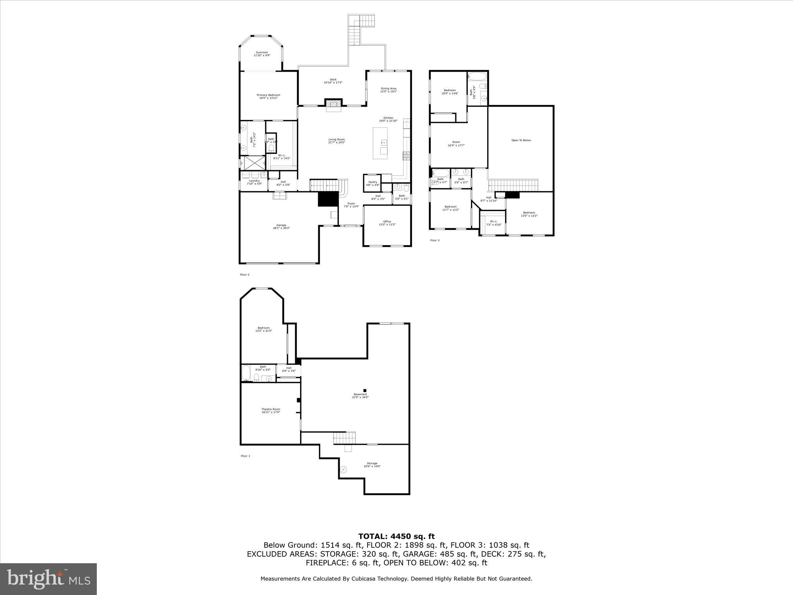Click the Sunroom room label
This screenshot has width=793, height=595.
tap(262, 54)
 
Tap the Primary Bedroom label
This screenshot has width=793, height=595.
tap(268, 96)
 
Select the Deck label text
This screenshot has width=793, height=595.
tap(333, 81)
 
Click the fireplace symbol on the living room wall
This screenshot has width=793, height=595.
tap(333, 104)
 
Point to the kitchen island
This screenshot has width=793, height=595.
tap(380, 143)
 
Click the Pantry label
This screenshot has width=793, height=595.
tap(372, 183)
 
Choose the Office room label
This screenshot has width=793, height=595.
tap(387, 223)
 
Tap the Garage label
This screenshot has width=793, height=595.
tap(281, 227)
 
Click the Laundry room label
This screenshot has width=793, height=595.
tap(254, 182)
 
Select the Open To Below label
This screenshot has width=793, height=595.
tap(521, 140)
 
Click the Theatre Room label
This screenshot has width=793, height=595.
tap(271, 411)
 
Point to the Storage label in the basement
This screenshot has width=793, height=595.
tap(372, 465)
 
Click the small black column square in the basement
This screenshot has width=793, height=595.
tap(364, 390)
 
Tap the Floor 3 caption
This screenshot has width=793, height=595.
tap(435, 241)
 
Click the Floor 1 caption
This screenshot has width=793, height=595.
tap(245, 456)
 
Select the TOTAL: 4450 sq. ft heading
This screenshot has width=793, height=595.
tap(396, 537)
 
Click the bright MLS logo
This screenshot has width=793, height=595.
tap(48, 579)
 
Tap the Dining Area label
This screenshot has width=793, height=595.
tap(388, 90)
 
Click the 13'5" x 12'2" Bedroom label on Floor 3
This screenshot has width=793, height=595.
tap(529, 214)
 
